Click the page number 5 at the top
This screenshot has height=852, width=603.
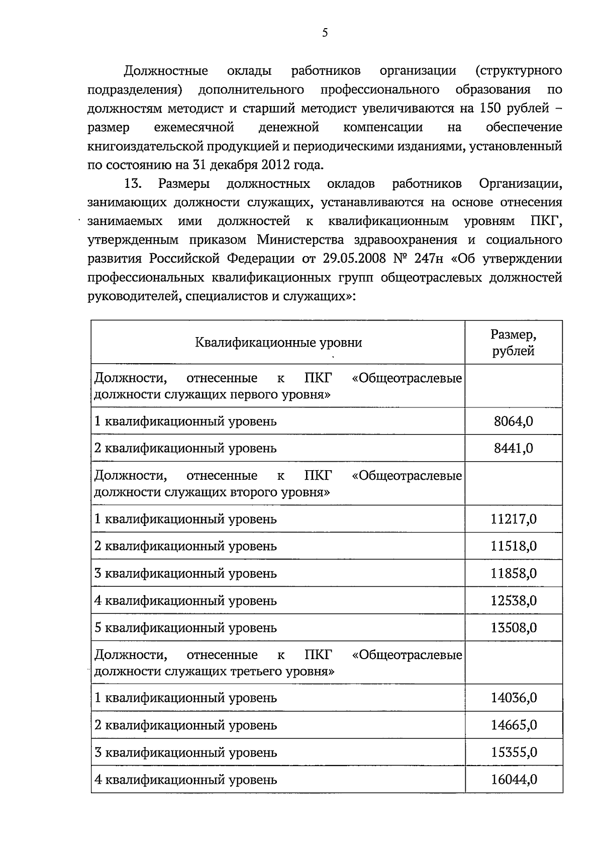click(325, 33)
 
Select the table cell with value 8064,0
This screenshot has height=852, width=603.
click(513, 421)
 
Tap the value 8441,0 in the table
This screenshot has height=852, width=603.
click(513, 448)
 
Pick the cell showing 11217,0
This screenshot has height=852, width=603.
click(513, 519)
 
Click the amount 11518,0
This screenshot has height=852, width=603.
click(513, 546)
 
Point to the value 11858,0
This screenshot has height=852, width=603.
click(513, 573)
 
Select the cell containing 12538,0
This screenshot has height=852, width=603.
click(513, 600)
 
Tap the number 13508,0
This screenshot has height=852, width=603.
click(513, 627)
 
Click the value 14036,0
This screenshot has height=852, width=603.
click(513, 698)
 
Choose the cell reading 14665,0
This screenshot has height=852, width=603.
click(513, 725)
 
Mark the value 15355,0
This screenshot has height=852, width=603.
click(513, 753)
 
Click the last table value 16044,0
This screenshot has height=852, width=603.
click(513, 780)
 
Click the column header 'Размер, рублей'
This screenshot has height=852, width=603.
click(513, 343)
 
